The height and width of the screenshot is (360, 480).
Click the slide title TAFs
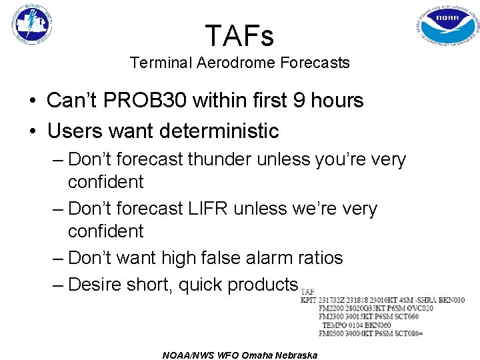point(239,35)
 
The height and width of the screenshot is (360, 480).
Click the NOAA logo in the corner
point(448,27)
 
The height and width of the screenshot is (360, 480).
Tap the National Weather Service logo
point(32,24)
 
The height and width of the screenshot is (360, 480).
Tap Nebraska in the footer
point(296,355)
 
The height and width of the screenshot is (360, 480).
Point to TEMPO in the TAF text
point(336,325)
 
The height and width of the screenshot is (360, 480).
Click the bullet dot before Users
point(32,131)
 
